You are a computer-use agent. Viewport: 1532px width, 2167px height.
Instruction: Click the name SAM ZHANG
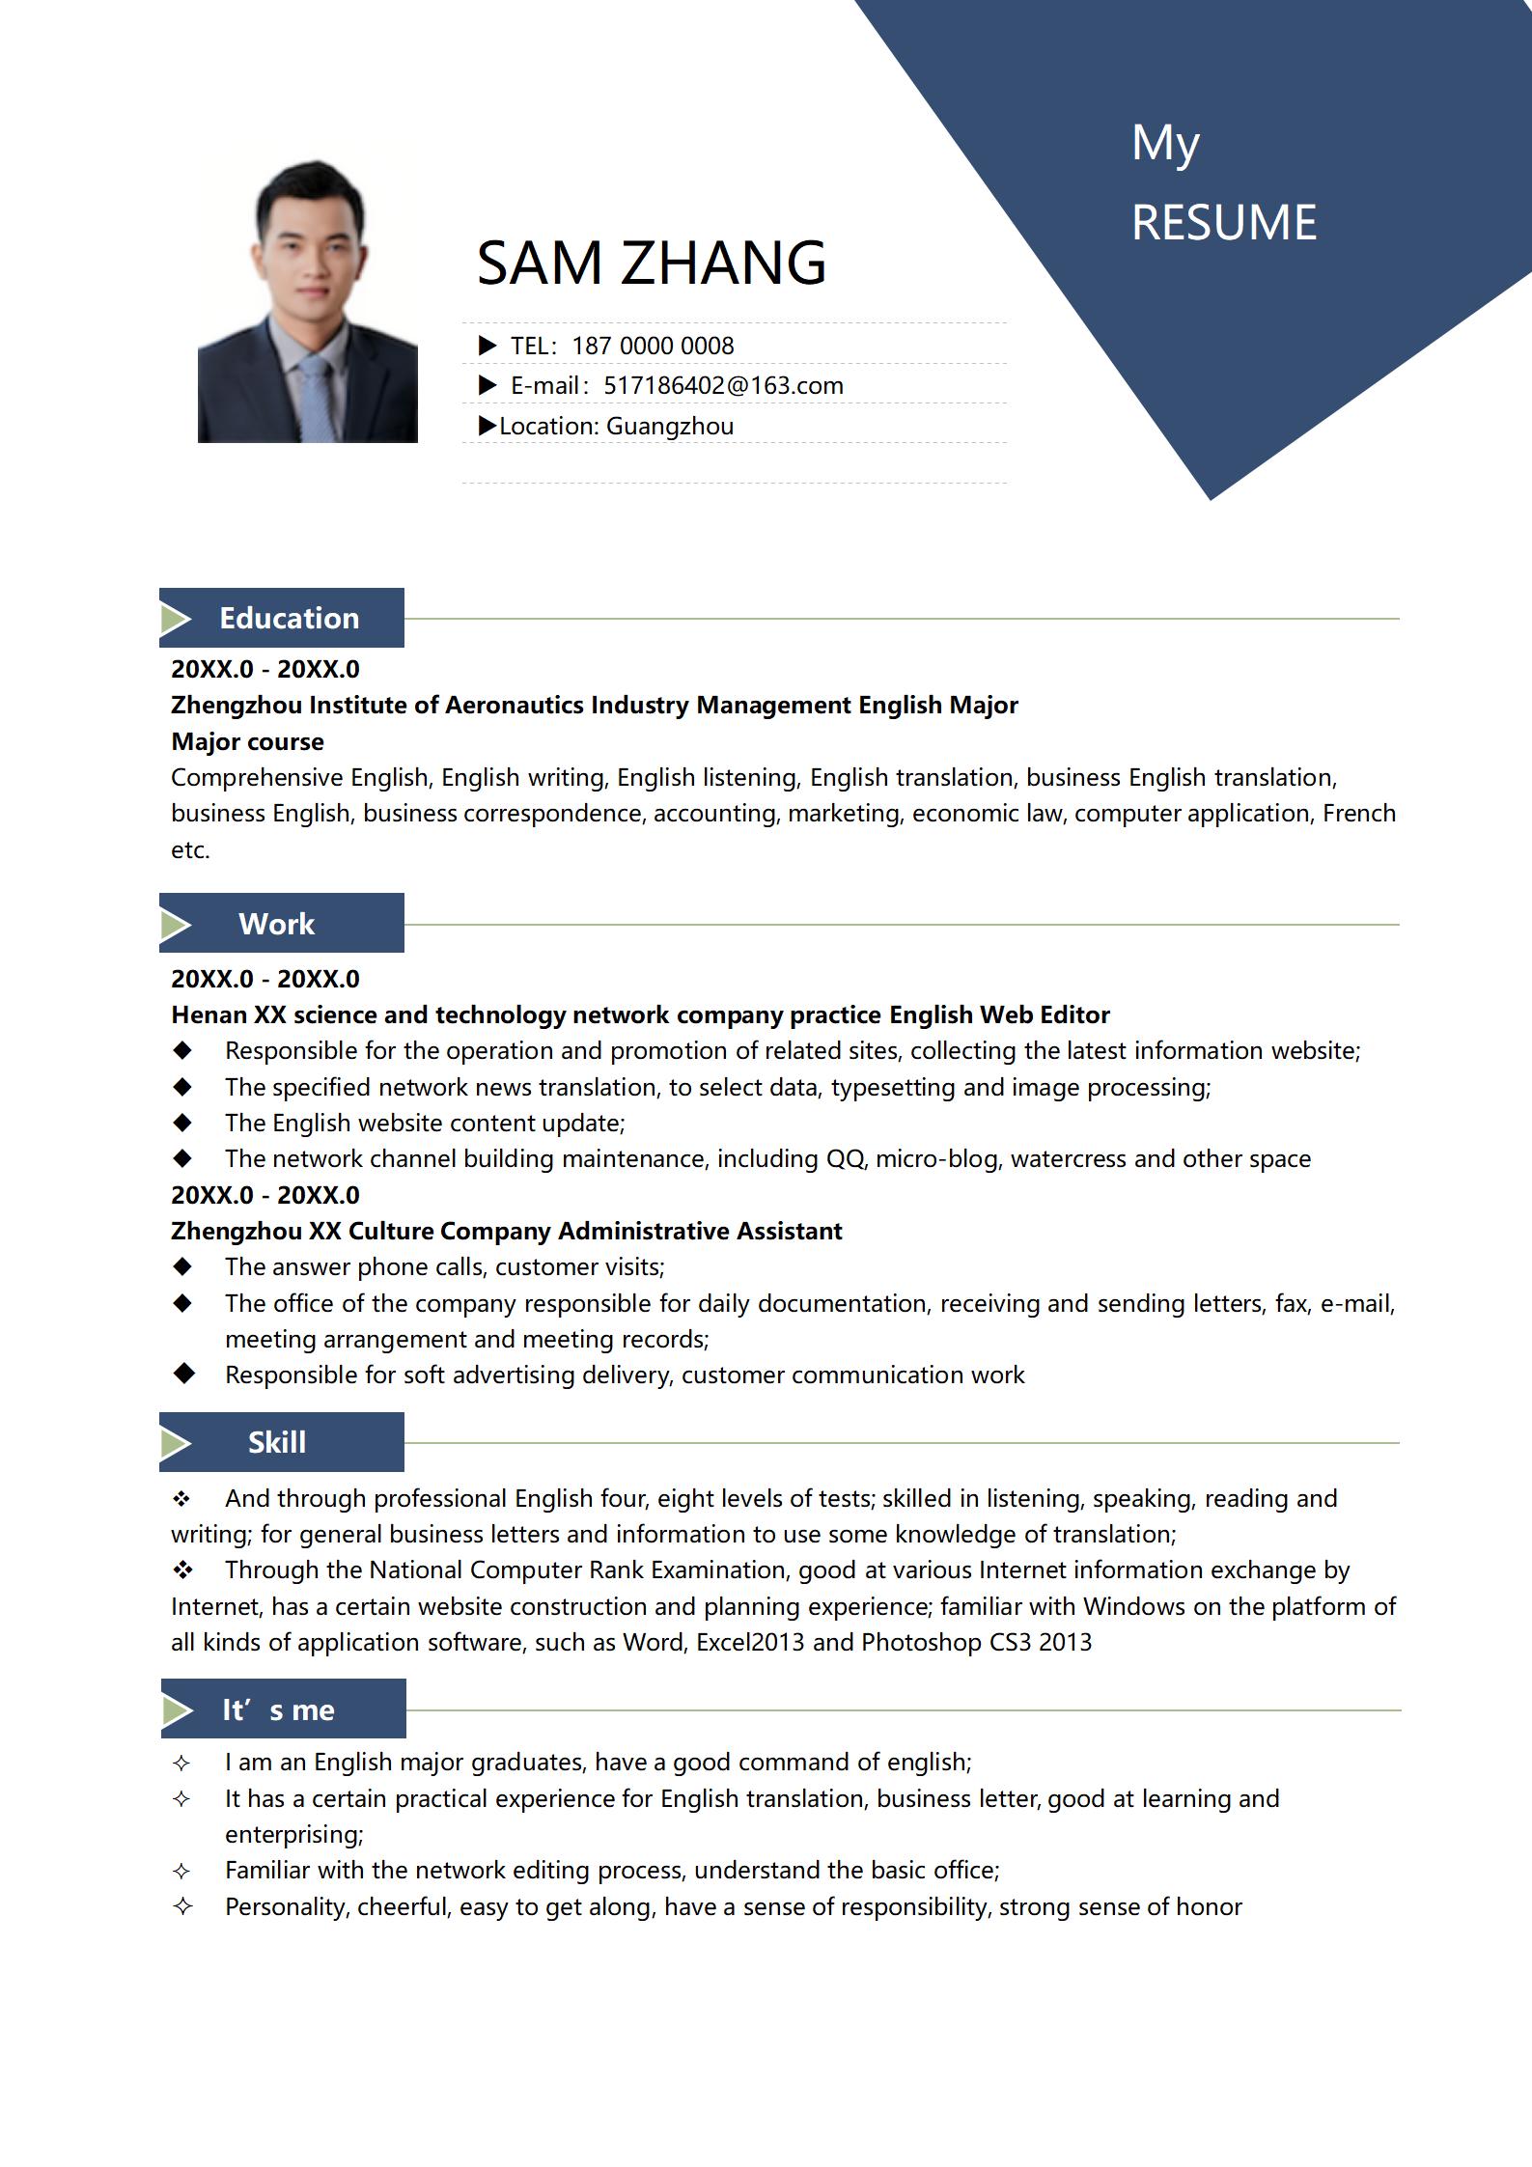click(652, 263)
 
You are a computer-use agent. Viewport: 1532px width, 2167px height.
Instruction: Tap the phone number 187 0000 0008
click(653, 346)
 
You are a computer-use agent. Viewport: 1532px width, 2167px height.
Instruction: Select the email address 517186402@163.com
click(723, 386)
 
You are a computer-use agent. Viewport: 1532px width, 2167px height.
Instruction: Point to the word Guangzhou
click(670, 427)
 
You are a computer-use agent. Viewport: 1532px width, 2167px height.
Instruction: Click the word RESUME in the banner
click(1223, 223)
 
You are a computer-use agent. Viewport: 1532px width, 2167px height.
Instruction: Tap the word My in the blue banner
click(1165, 144)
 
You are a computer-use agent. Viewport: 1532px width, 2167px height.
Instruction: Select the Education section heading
click(289, 619)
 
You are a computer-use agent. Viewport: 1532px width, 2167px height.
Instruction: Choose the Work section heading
click(276, 924)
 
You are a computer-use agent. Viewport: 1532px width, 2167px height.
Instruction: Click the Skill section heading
click(276, 1442)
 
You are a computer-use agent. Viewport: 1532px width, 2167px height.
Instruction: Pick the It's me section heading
click(278, 1710)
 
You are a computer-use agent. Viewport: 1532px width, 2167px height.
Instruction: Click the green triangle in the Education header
click(176, 619)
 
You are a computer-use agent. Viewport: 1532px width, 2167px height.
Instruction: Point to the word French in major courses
click(1359, 814)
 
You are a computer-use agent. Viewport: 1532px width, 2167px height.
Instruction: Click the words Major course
click(247, 741)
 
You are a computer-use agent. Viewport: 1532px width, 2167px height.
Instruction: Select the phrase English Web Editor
click(999, 1014)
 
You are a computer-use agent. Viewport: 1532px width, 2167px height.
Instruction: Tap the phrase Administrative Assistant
click(700, 1231)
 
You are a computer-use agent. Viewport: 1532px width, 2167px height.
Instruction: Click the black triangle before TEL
click(487, 346)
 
